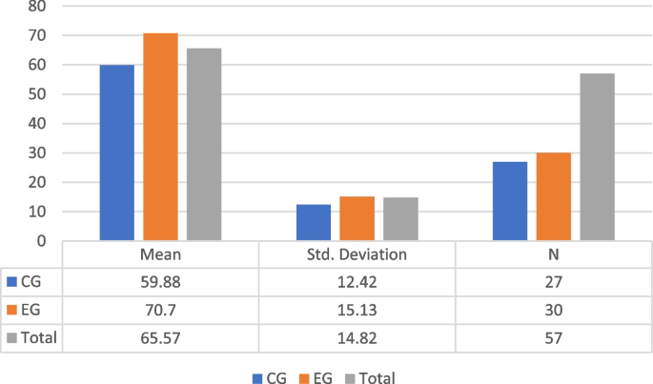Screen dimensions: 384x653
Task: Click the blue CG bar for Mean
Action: [x=116, y=152]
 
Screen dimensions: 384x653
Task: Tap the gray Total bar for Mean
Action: [x=204, y=144]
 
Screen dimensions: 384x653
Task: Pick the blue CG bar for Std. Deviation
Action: [x=314, y=222]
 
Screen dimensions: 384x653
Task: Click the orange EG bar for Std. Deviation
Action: [x=357, y=218]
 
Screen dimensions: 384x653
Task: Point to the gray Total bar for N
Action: [x=597, y=156]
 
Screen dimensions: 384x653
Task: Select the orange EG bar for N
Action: [x=553, y=196]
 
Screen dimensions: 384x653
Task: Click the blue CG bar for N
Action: [x=510, y=201]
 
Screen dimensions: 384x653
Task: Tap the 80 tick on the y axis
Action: [x=37, y=7]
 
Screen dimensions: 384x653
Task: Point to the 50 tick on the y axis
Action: [x=37, y=94]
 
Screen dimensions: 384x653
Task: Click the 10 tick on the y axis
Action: [x=37, y=212]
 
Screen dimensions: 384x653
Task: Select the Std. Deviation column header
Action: [x=357, y=254]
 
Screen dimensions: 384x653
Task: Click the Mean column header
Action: [x=160, y=254]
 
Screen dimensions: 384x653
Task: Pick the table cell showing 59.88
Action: [x=160, y=282]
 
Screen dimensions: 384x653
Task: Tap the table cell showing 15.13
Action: [x=357, y=310]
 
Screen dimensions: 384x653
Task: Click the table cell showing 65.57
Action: [x=160, y=337]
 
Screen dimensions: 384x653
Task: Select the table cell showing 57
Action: [x=553, y=337]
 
